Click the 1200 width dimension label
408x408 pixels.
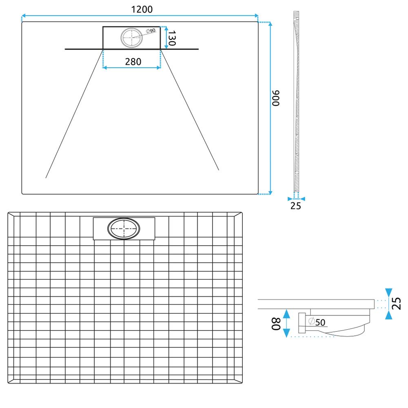pyautogui.click(x=139, y=9)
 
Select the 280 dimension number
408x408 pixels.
pyautogui.click(x=133, y=62)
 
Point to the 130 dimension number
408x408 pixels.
pyautogui.click(x=172, y=38)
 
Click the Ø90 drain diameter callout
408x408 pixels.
pyautogui.click(x=150, y=31)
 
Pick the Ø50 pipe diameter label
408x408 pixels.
pyautogui.click(x=317, y=322)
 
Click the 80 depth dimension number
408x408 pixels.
pyautogui.click(x=277, y=325)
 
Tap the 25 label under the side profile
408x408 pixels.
pyautogui.click(x=296, y=206)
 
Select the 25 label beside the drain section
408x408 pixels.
pyautogui.click(x=396, y=304)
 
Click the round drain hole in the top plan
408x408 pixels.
pyautogui.click(x=132, y=38)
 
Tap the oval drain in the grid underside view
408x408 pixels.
pyautogui.click(x=124, y=230)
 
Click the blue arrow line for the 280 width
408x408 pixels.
pyautogui.click(x=131, y=68)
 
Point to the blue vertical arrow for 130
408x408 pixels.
pyautogui.click(x=166, y=38)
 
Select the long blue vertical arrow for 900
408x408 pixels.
pyautogui.click(x=270, y=108)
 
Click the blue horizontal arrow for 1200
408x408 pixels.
pyautogui.click(x=140, y=16)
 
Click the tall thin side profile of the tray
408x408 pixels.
pyautogui.click(x=297, y=102)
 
